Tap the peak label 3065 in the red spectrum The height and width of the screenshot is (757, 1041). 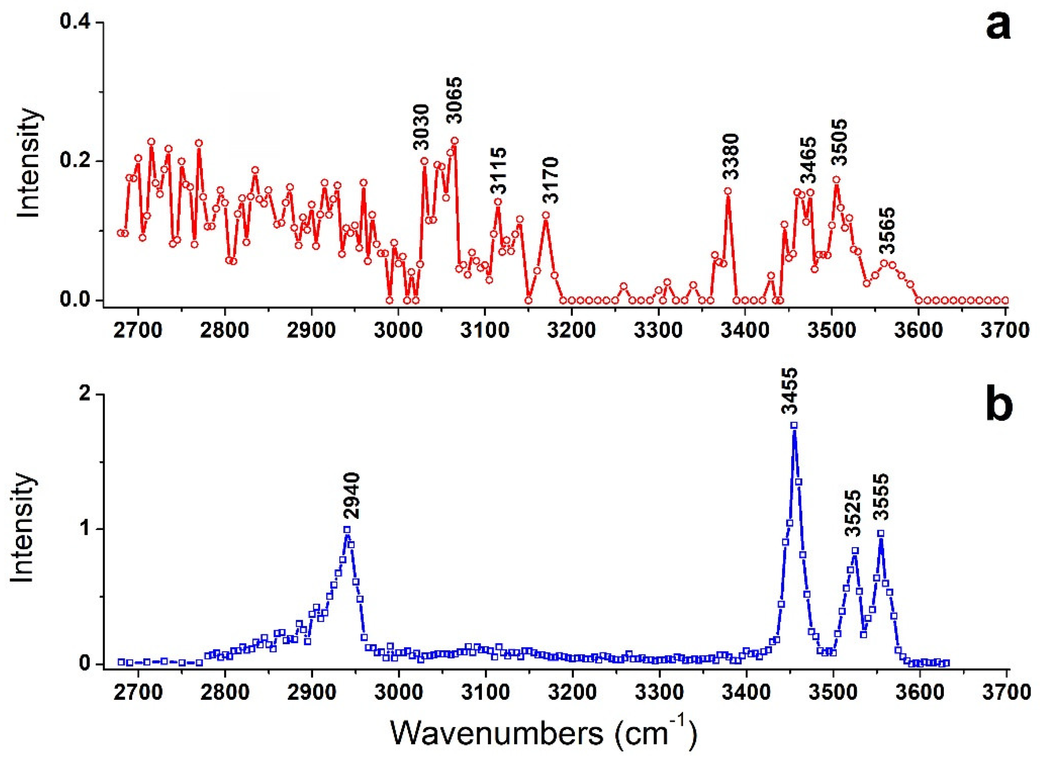coord(455,100)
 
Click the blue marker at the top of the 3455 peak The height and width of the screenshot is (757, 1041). coord(794,425)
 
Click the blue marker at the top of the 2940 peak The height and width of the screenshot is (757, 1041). coord(347,529)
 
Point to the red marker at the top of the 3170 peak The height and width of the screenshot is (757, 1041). coord(546,215)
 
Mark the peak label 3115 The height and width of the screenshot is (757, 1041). coord(499,171)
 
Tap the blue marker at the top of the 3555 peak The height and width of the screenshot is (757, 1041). coord(880,533)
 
